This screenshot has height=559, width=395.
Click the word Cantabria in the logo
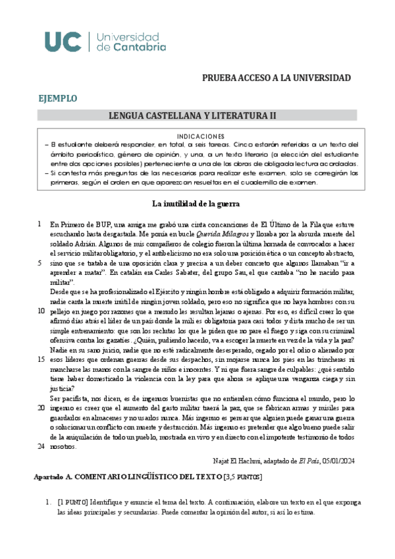coord(122,47)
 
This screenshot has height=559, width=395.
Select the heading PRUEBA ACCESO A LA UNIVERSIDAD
coord(276,78)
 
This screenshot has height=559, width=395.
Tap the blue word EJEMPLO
coord(58,99)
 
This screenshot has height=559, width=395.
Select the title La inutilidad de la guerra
coord(197,203)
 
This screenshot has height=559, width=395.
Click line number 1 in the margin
coord(40,223)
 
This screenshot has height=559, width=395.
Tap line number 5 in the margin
coord(40,262)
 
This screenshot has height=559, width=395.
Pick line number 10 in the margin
coord(41,311)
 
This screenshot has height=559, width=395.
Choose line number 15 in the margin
coord(41,360)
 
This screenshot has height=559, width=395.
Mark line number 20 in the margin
coord(41,409)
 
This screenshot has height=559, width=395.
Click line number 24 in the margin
coord(41,448)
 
